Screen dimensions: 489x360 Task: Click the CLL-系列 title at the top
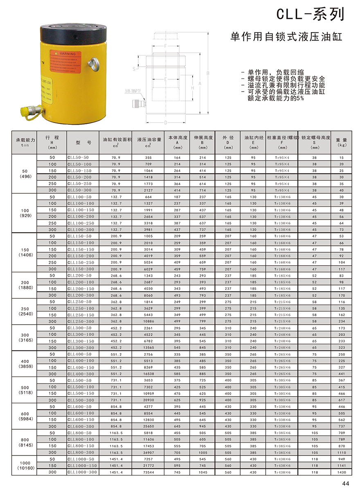[x=310, y=15]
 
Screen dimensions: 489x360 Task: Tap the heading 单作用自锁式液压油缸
[x=286, y=37]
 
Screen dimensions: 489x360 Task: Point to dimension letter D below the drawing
[x=165, y=122]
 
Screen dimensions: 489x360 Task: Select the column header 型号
[x=83, y=143]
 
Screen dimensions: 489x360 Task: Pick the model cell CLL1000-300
[x=83, y=472]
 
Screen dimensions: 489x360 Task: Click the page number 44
[x=345, y=483]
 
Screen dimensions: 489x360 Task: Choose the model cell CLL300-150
[x=81, y=341]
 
